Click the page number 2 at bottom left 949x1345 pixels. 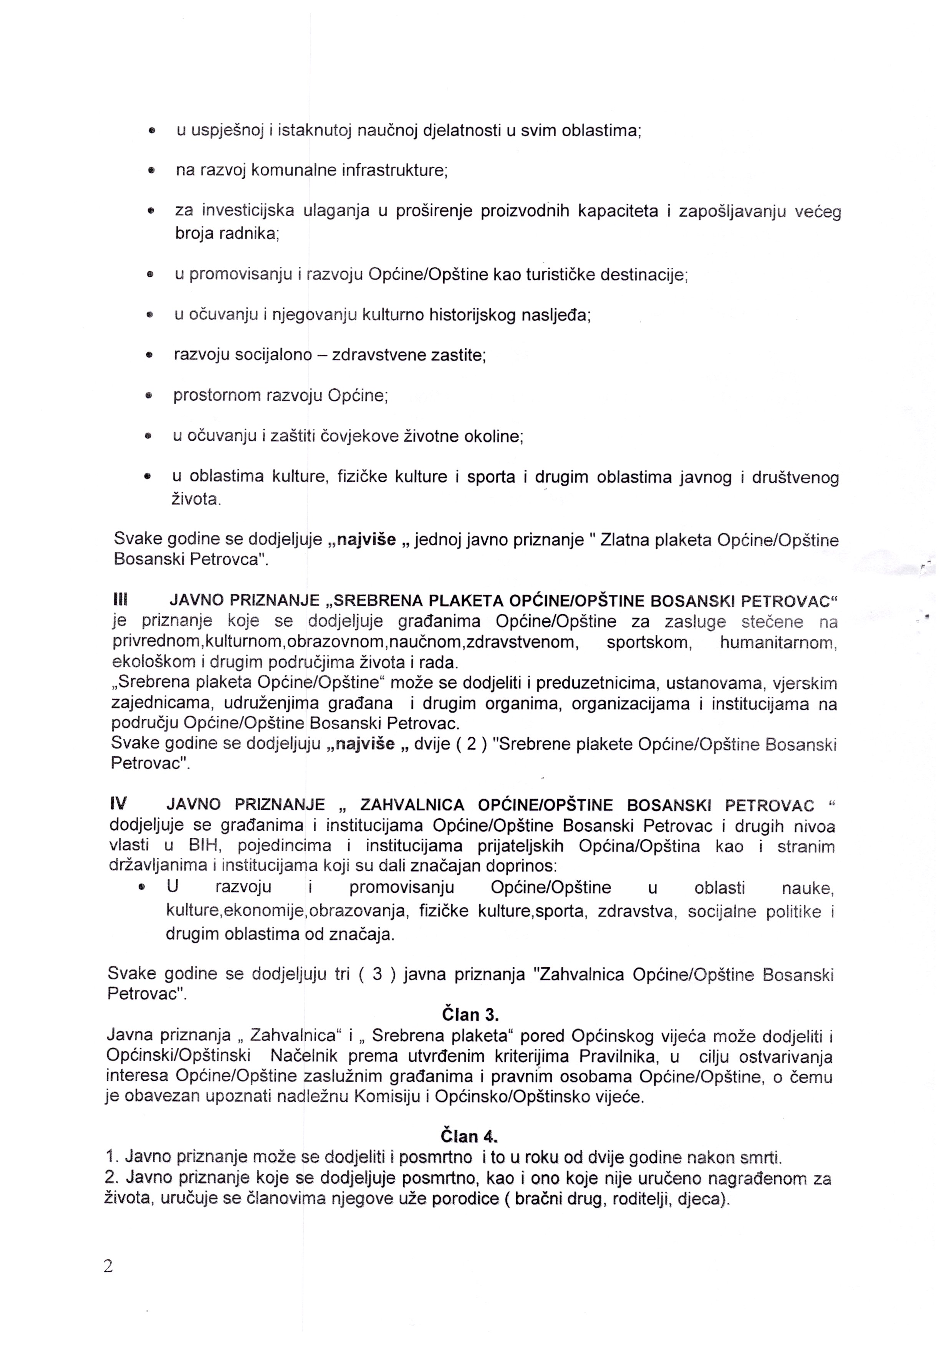click(x=108, y=1267)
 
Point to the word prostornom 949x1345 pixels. click(x=217, y=395)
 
